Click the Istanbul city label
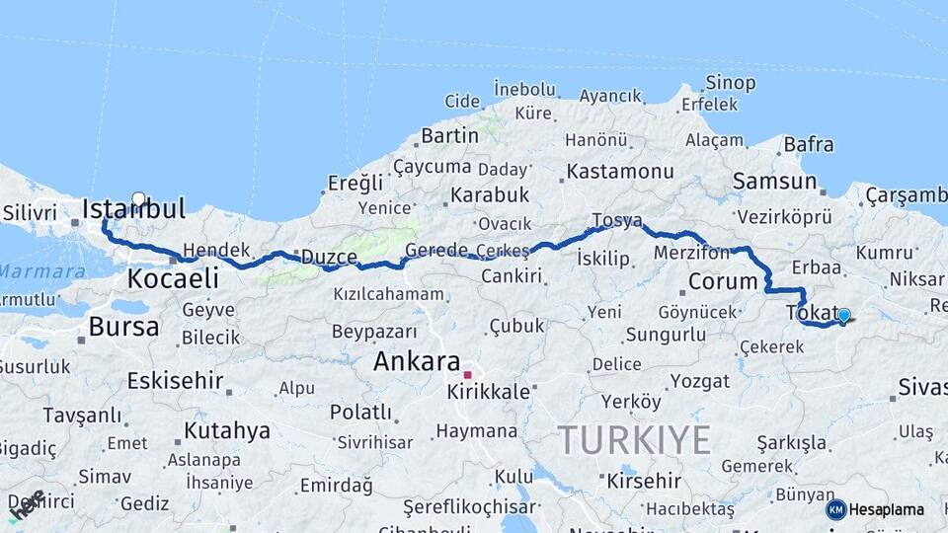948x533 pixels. coord(134,209)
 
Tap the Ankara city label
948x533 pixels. coord(417,361)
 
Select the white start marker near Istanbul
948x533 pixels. coord(138,198)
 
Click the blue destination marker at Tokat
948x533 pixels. coord(843,315)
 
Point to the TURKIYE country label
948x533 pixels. coord(634,439)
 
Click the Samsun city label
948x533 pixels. coord(775,182)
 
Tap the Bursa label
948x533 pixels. coord(123,327)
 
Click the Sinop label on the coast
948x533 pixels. coord(731,83)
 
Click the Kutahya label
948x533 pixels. coord(226,430)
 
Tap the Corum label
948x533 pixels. coord(723,281)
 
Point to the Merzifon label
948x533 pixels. coord(691,253)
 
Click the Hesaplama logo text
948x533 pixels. coord(887,509)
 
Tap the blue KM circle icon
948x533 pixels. coord(836,509)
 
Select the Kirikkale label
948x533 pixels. coord(489,391)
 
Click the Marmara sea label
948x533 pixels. coord(41,270)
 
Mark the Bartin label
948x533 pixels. coord(449,135)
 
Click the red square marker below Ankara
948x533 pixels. coord(467,374)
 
